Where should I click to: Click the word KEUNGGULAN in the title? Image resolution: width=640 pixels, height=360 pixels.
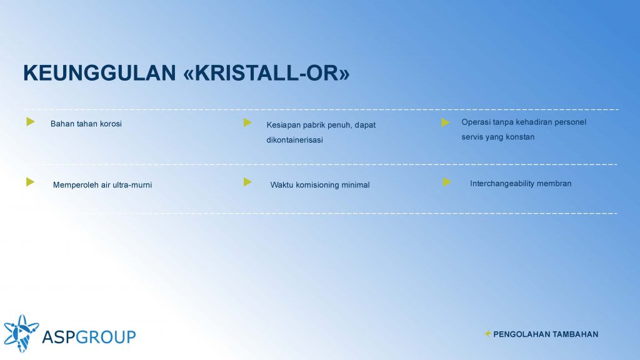99,73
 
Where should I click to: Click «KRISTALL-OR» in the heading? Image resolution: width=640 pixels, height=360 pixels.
266,73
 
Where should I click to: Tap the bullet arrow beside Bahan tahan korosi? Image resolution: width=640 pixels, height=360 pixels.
31,121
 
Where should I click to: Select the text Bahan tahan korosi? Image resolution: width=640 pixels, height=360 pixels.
86,124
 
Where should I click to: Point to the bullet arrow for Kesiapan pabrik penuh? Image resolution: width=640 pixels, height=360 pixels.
247,122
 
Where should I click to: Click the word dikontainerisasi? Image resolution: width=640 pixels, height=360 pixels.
295,140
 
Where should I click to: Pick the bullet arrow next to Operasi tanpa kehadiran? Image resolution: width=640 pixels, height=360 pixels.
445,122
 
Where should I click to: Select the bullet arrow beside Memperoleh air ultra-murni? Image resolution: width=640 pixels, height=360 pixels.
30,182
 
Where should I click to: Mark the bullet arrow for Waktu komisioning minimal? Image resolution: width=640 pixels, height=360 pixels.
247,182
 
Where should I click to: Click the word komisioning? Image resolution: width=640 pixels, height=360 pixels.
317,185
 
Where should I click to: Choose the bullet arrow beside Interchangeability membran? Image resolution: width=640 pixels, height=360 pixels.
447,182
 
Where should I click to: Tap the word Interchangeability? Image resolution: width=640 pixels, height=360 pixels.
502,184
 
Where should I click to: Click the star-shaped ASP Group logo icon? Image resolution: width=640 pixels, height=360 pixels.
21,334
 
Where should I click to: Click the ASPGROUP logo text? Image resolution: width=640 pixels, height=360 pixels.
89,337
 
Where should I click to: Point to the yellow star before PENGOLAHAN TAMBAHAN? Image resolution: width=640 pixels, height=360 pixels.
487,334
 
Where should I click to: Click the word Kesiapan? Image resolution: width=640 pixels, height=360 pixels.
284,125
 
